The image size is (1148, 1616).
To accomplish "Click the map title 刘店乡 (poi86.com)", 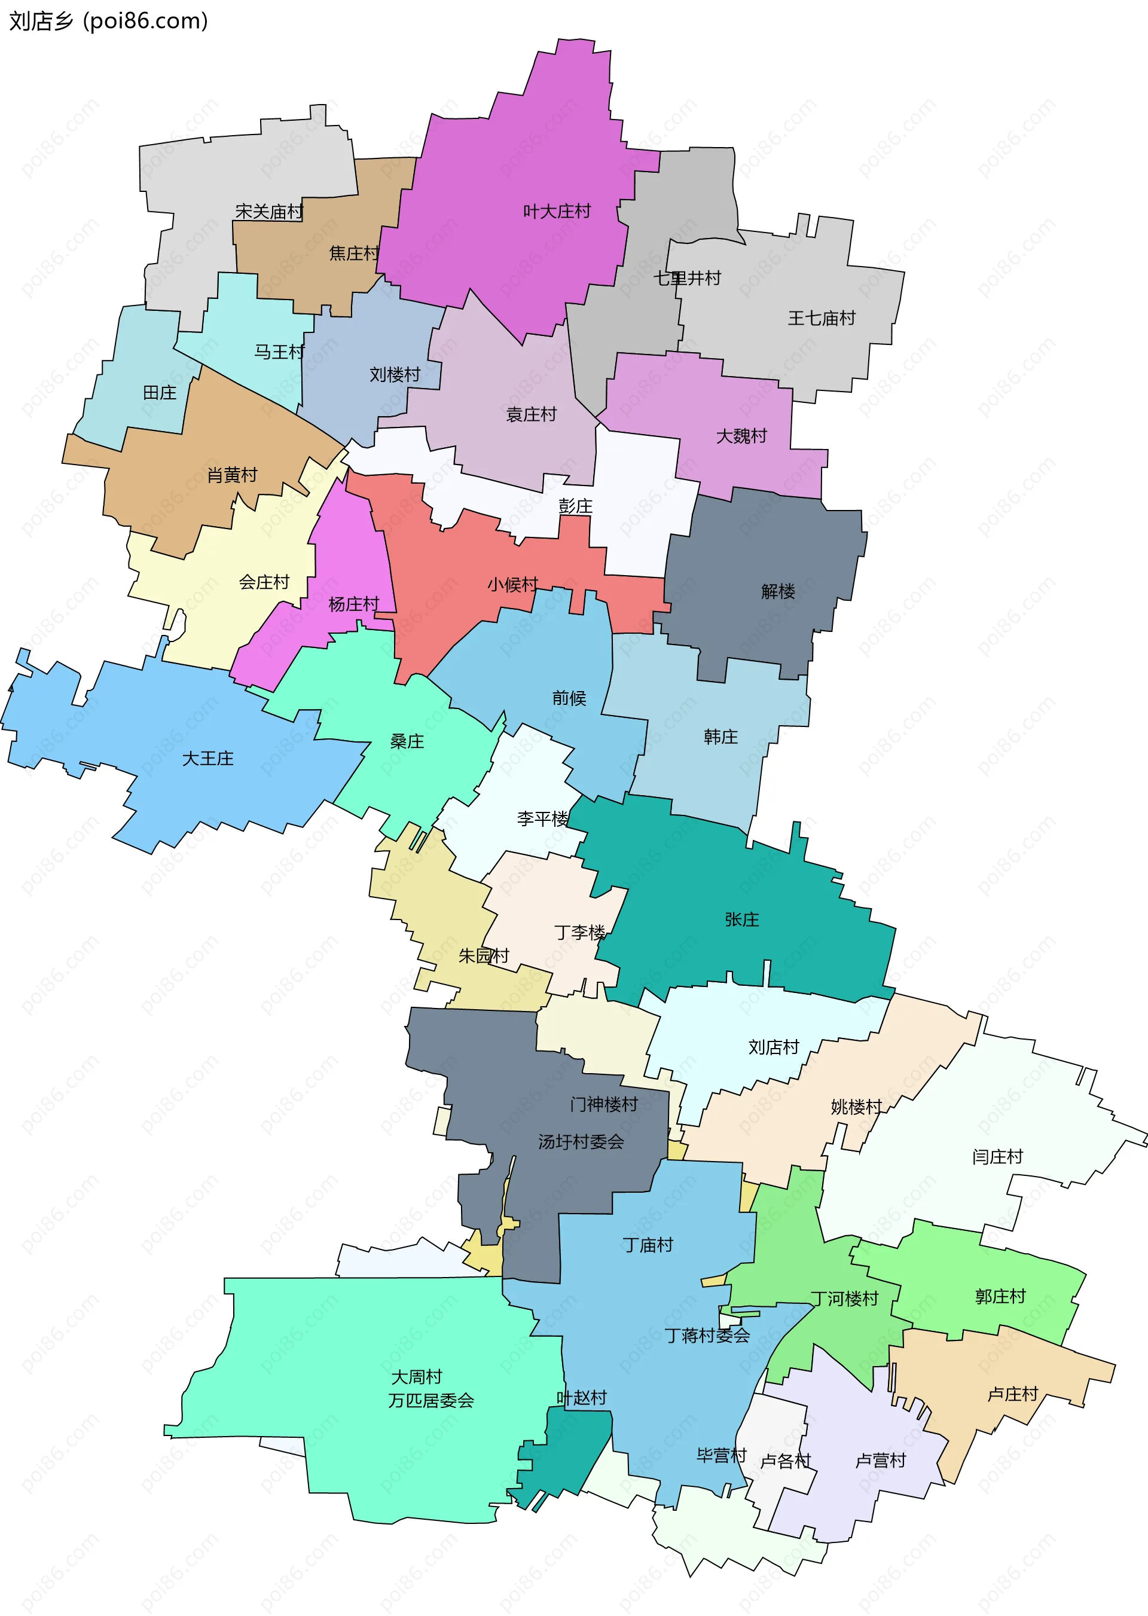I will click(108, 21).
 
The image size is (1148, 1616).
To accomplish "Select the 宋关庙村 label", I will click(268, 212).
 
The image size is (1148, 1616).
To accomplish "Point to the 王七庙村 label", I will click(822, 318).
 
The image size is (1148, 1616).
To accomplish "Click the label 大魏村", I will click(741, 436).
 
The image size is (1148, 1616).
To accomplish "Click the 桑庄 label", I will click(407, 741).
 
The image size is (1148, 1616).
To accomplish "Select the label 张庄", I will click(741, 919).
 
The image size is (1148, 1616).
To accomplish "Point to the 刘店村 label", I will click(773, 1047).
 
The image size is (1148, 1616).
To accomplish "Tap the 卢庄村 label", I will click(1012, 1394).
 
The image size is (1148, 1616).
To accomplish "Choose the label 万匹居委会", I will click(430, 1400).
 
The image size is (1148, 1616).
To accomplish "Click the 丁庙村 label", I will click(648, 1245).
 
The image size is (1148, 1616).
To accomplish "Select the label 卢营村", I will click(880, 1461).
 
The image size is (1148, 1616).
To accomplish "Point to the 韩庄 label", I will click(720, 737).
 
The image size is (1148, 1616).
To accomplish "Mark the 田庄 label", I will click(159, 392).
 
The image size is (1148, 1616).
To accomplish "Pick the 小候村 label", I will click(512, 585).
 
